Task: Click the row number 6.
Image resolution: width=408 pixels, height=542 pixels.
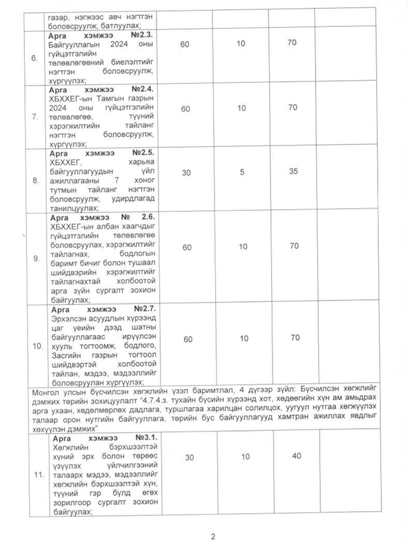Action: click(x=34, y=57)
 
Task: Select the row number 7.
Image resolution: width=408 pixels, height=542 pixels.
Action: click(x=34, y=116)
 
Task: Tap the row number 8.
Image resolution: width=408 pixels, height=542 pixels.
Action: click(x=34, y=181)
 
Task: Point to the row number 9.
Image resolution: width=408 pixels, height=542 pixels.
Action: click(x=36, y=258)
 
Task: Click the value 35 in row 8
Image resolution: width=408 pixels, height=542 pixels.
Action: click(x=293, y=171)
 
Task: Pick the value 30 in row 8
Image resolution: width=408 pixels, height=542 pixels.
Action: click(x=190, y=171)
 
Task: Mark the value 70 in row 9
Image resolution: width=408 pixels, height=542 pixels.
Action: click(x=293, y=247)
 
